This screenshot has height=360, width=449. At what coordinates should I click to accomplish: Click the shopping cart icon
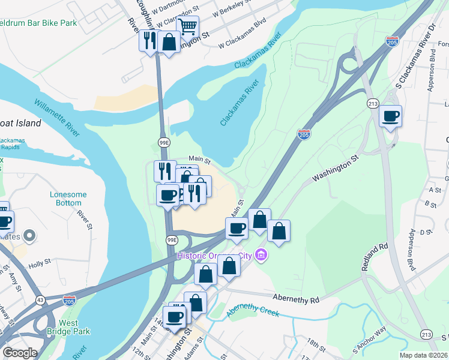(188, 26)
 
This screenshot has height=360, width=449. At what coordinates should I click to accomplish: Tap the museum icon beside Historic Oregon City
(260, 256)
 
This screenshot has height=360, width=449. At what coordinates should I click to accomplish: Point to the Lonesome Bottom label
(68, 199)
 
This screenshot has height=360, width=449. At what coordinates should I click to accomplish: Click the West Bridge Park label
(76, 327)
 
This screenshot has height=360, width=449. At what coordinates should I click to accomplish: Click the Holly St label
(39, 263)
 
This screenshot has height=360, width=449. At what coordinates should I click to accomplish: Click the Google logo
(20, 353)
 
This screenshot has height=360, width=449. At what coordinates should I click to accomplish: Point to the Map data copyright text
(424, 355)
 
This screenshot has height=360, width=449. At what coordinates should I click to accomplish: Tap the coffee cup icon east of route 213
(391, 116)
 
